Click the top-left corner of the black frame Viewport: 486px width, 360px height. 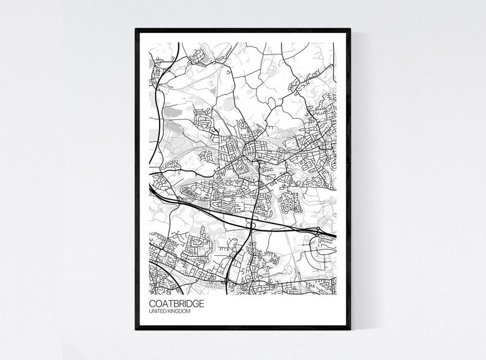tap(136, 29)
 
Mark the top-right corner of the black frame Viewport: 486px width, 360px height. tap(350, 29)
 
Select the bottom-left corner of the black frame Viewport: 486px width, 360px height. tap(136, 329)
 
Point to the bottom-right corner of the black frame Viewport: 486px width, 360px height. tap(350, 329)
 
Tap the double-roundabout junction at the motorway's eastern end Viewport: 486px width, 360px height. tap(320, 233)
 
